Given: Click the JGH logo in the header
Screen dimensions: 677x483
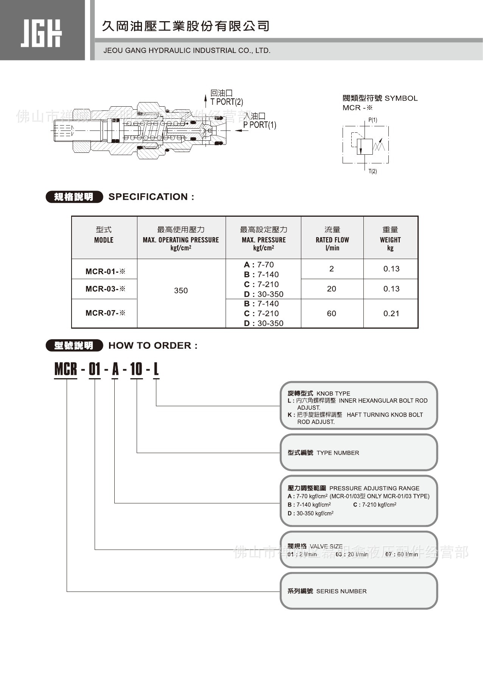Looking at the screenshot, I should (x=41, y=33).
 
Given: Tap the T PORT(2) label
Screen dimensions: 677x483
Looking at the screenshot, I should (x=227, y=102).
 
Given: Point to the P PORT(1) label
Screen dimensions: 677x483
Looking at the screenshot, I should (x=260, y=125).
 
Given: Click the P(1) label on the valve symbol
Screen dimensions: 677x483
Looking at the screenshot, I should (x=373, y=120).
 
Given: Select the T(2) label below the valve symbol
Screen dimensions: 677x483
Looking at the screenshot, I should (x=373, y=171).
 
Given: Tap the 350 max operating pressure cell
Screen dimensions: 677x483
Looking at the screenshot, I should (x=181, y=290).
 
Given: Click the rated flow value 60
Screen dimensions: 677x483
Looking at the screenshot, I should (x=332, y=314).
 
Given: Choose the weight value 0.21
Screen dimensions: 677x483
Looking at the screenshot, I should (x=391, y=314).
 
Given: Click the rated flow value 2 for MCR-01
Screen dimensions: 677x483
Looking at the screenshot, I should (x=332, y=269).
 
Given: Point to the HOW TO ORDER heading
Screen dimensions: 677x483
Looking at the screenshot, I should (x=153, y=346).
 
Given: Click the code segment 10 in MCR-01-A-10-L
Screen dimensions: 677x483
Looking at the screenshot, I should (x=136, y=369).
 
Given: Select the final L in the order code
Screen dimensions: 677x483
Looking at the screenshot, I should (x=156, y=369).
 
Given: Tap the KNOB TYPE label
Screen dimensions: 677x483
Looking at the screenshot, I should (x=333, y=393).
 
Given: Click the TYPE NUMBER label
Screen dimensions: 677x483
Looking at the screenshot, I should (x=338, y=453).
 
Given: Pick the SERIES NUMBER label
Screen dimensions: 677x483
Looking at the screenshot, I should (x=341, y=591).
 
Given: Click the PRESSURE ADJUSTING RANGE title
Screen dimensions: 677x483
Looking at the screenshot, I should (x=374, y=488).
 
